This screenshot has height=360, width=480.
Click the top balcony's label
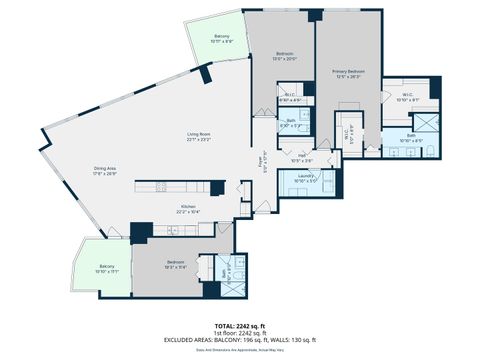pyautogui.click(x=221, y=39)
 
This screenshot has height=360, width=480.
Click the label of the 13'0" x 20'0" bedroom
pyautogui.click(x=286, y=56)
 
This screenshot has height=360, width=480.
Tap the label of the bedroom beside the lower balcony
pyautogui.click(x=176, y=264)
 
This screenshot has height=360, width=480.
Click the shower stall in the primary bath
pyautogui.click(x=427, y=123)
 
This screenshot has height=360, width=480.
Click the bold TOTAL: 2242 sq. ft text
pyautogui.click(x=240, y=325)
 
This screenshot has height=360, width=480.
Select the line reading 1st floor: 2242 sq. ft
pyautogui.click(x=240, y=332)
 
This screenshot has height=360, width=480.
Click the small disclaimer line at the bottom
pyautogui.click(x=240, y=350)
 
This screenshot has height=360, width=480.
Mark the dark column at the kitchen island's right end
pyautogui.click(x=216, y=187)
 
